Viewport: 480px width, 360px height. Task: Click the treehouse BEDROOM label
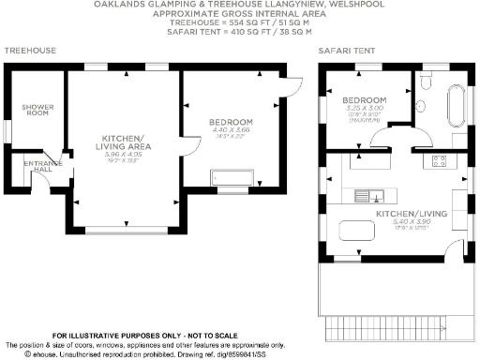coord(230,123)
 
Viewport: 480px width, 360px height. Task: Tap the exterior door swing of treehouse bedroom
coord(290,89)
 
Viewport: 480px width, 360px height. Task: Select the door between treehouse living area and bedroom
coord(187,148)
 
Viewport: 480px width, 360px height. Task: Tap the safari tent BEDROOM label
coord(365,100)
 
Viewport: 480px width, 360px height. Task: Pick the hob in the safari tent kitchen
coord(437,161)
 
